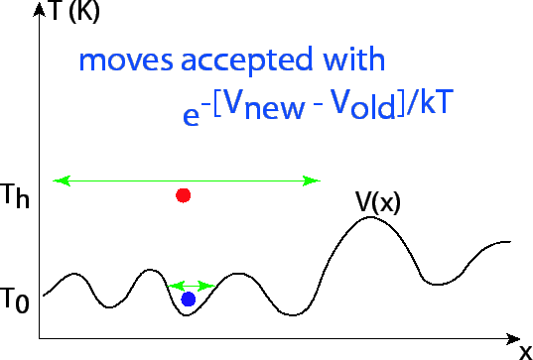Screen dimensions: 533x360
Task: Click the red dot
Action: tap(183, 195)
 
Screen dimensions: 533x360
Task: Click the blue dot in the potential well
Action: tap(188, 299)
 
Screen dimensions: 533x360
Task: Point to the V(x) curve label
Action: tap(377, 204)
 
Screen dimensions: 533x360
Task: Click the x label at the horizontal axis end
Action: tap(524, 350)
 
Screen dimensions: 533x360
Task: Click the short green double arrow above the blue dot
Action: tap(192, 286)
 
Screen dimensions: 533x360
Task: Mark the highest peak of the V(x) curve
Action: tap(370, 217)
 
